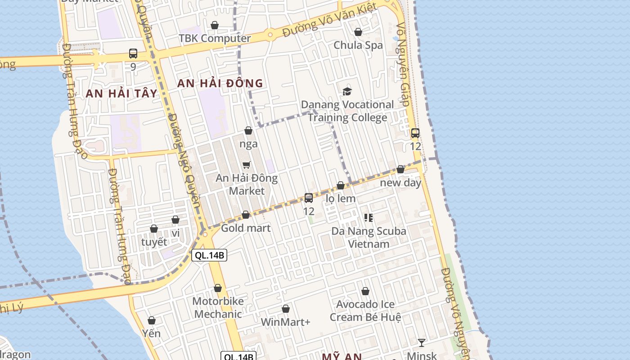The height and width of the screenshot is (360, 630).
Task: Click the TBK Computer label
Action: (215, 38)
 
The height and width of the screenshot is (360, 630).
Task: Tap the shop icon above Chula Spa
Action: (358, 32)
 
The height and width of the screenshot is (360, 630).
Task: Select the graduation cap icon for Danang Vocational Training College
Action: (347, 92)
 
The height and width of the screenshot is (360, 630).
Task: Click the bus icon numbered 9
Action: (133, 54)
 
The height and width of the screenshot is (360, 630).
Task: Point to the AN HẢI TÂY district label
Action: (121, 94)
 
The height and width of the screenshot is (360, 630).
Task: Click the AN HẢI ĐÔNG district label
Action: (220, 83)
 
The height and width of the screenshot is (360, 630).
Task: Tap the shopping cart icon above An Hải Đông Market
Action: (246, 165)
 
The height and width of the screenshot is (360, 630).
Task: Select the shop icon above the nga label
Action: (248, 131)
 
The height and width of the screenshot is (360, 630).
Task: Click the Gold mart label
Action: (246, 228)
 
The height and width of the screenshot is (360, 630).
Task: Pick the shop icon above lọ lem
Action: (341, 185)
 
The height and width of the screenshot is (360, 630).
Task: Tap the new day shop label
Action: (400, 183)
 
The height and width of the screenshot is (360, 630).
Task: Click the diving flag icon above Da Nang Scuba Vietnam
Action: (369, 218)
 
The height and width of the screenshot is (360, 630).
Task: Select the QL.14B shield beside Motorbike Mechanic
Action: (209, 256)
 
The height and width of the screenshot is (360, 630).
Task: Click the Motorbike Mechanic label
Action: (218, 308)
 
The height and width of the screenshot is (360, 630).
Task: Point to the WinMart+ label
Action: (286, 322)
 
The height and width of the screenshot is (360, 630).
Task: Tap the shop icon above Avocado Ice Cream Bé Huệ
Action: (365, 292)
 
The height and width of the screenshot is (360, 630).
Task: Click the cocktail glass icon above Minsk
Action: (421, 343)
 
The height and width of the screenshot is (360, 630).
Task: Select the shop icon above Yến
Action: (152, 320)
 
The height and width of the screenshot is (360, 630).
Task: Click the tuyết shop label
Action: (154, 242)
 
